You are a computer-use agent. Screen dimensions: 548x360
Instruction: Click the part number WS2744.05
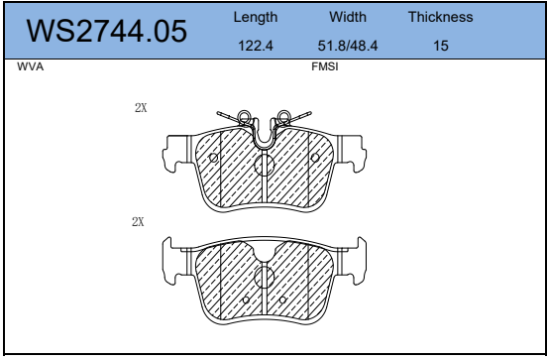point(107,31)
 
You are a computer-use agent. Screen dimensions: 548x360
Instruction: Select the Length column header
point(256,17)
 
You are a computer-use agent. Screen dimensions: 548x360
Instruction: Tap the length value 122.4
point(256,46)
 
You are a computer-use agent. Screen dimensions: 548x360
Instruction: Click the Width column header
point(348,17)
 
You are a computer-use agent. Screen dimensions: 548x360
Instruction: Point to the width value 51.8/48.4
point(348,46)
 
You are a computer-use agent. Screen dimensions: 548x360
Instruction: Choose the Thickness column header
point(441,17)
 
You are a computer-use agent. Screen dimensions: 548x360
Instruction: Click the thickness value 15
point(441,46)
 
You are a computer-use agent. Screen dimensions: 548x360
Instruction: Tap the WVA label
point(31,66)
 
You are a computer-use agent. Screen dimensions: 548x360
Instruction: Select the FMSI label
point(325,66)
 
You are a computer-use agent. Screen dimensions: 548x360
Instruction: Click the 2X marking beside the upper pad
point(141,108)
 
